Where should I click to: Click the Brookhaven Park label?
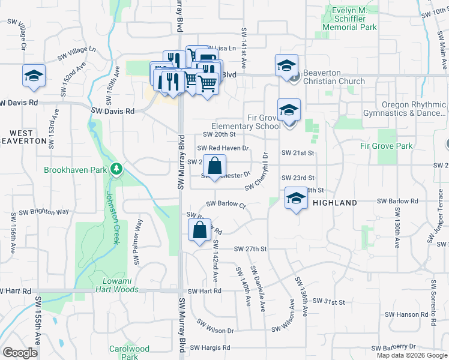[x=75, y=170]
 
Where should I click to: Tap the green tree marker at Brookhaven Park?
[x=115, y=169]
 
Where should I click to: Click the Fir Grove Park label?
[x=386, y=146]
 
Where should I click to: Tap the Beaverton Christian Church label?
[x=334, y=77]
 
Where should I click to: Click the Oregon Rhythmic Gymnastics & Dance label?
[x=404, y=109]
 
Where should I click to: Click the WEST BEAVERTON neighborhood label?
[x=29, y=137]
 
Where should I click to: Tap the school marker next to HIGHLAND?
[x=296, y=199]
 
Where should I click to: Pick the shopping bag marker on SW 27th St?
[x=200, y=230]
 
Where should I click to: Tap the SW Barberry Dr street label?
[x=393, y=347]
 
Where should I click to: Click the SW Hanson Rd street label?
[x=406, y=314]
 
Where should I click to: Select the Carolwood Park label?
[x=129, y=352]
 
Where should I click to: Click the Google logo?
[x=20, y=352]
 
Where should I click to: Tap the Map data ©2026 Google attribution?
[x=411, y=355]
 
